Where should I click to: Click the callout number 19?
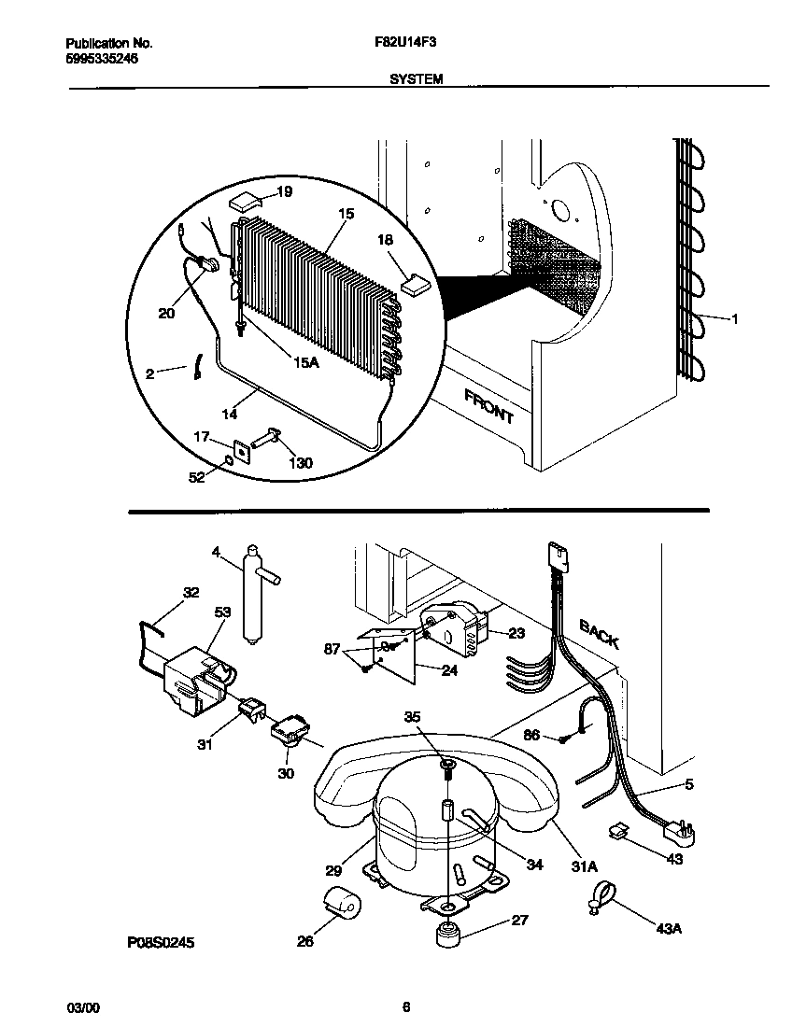(285, 192)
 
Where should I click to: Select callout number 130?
(302, 462)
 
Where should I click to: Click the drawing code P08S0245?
(162, 944)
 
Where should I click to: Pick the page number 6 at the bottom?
(405, 1006)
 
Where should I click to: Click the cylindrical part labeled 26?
(343, 903)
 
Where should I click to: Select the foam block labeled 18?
(413, 280)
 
